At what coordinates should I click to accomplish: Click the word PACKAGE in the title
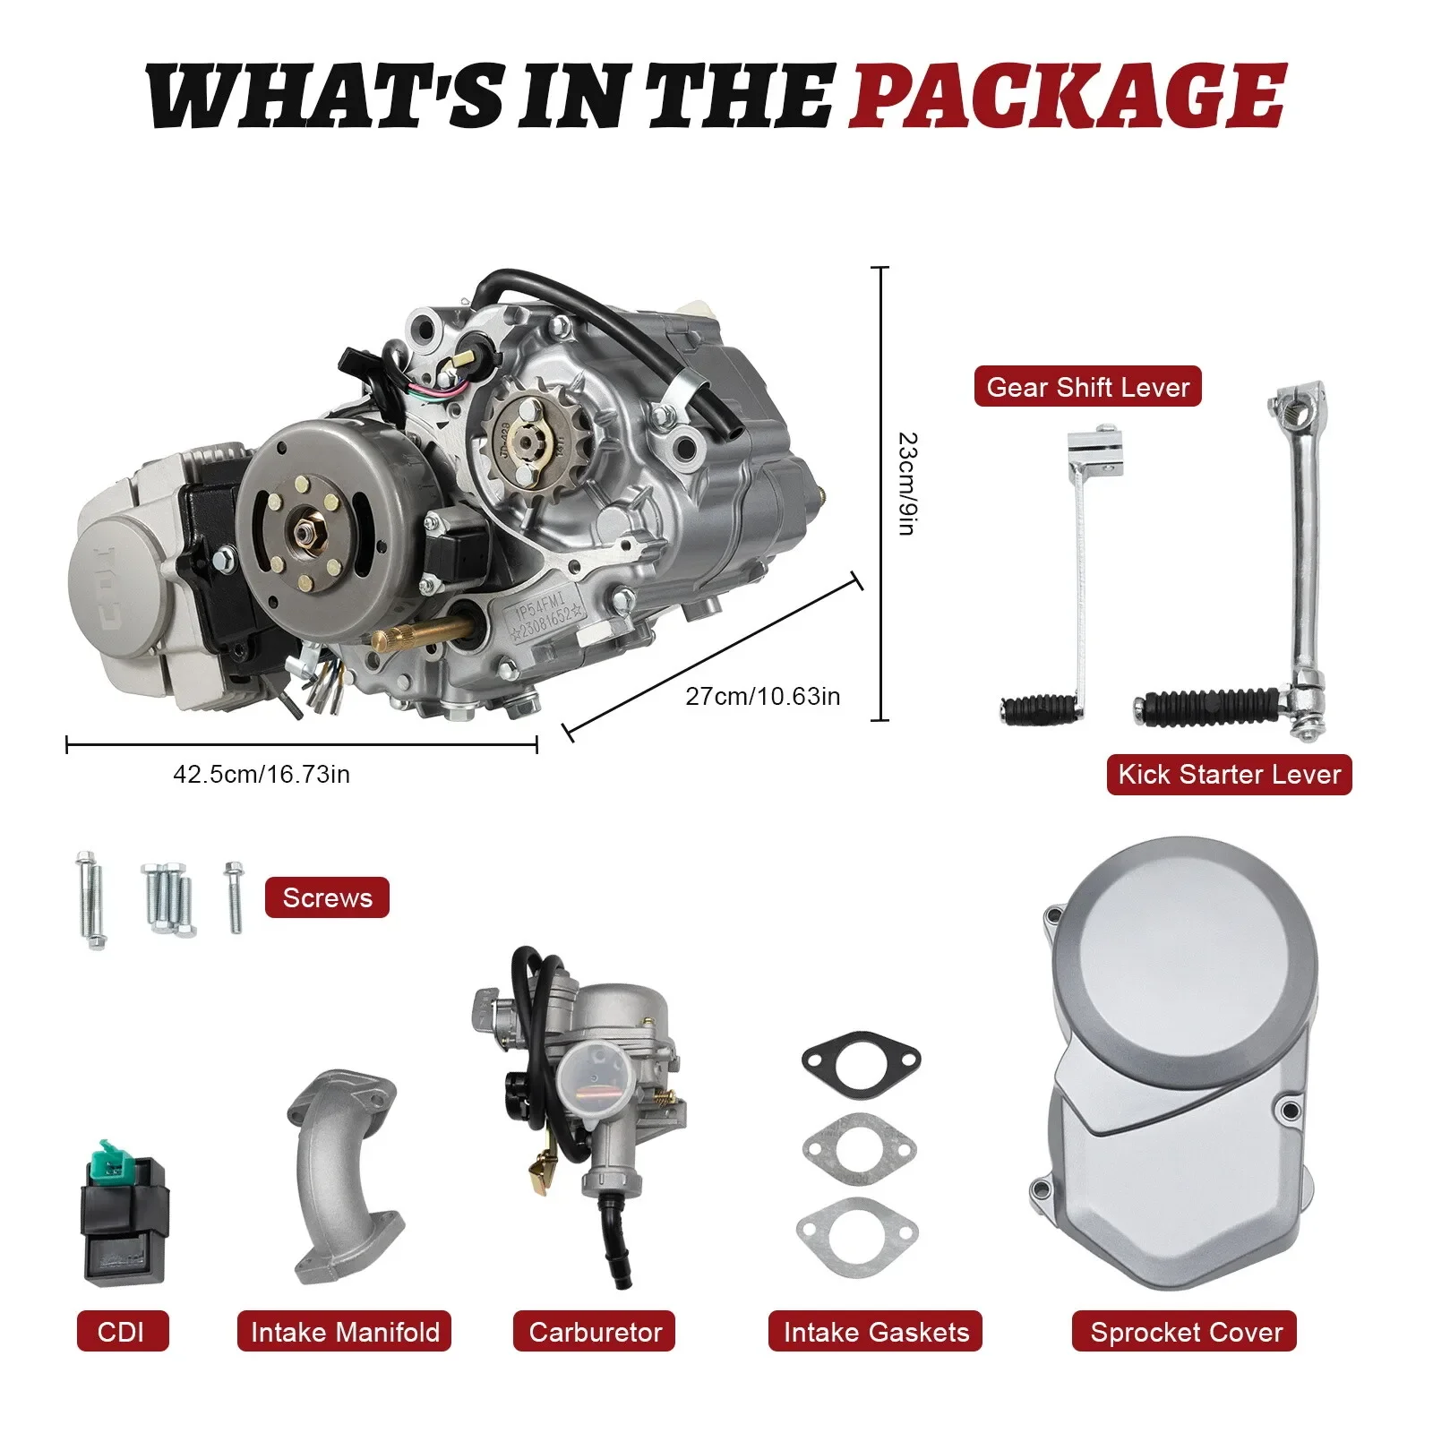coord(1068,97)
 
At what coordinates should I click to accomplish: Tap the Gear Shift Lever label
coord(1087,387)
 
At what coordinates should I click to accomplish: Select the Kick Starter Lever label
coord(1229,775)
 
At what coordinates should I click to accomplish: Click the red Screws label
coord(327,897)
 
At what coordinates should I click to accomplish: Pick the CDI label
coord(122,1332)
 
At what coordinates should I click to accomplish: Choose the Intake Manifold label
coord(345,1332)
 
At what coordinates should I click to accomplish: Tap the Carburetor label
coord(595,1332)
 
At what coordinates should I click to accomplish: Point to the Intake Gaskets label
coord(875,1332)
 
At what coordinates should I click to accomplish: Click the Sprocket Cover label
coord(1185,1332)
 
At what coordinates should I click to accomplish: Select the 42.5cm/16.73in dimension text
coord(261,775)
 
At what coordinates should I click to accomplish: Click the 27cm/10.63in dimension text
coord(762,696)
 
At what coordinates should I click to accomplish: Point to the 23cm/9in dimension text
coord(906,485)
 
